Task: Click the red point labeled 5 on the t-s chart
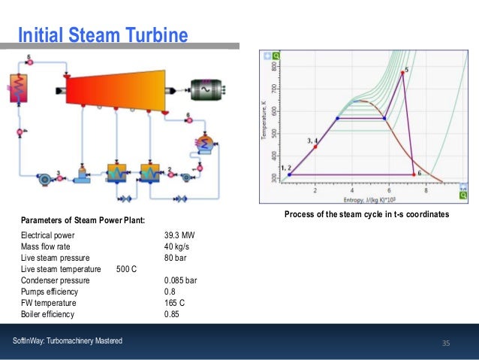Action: click(402, 73)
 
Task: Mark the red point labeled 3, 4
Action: click(315, 147)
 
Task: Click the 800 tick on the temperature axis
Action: click(276, 66)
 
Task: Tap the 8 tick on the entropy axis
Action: click(426, 192)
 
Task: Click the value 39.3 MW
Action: click(179, 235)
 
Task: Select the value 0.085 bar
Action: click(181, 280)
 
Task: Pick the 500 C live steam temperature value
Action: click(126, 269)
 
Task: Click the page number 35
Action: click(445, 343)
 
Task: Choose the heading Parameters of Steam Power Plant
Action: click(83, 220)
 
